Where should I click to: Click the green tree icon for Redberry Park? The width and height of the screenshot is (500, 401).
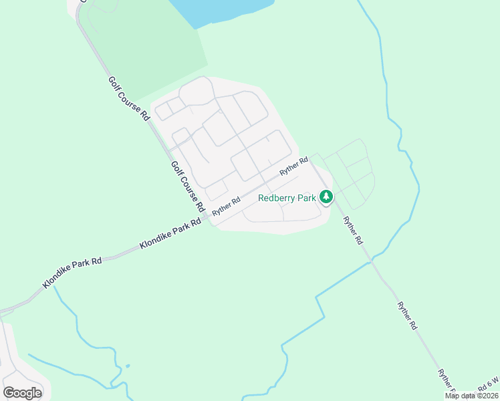(x=326, y=197)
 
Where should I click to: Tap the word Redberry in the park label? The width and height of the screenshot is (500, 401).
(x=277, y=198)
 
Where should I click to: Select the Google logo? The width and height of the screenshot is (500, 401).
(x=23, y=392)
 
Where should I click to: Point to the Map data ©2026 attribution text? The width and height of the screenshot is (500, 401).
(x=471, y=396)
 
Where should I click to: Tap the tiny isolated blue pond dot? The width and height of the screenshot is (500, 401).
(x=127, y=366)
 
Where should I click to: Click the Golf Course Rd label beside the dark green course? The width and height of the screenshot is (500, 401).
(x=128, y=98)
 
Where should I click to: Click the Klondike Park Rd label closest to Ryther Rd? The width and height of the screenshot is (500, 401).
(x=170, y=234)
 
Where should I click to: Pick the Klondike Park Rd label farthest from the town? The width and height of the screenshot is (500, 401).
(x=72, y=271)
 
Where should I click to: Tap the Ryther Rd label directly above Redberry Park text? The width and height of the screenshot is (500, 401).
(x=293, y=166)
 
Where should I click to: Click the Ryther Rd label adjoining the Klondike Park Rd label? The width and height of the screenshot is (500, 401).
(x=226, y=205)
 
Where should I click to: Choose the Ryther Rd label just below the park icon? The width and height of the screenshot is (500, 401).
(x=352, y=230)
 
